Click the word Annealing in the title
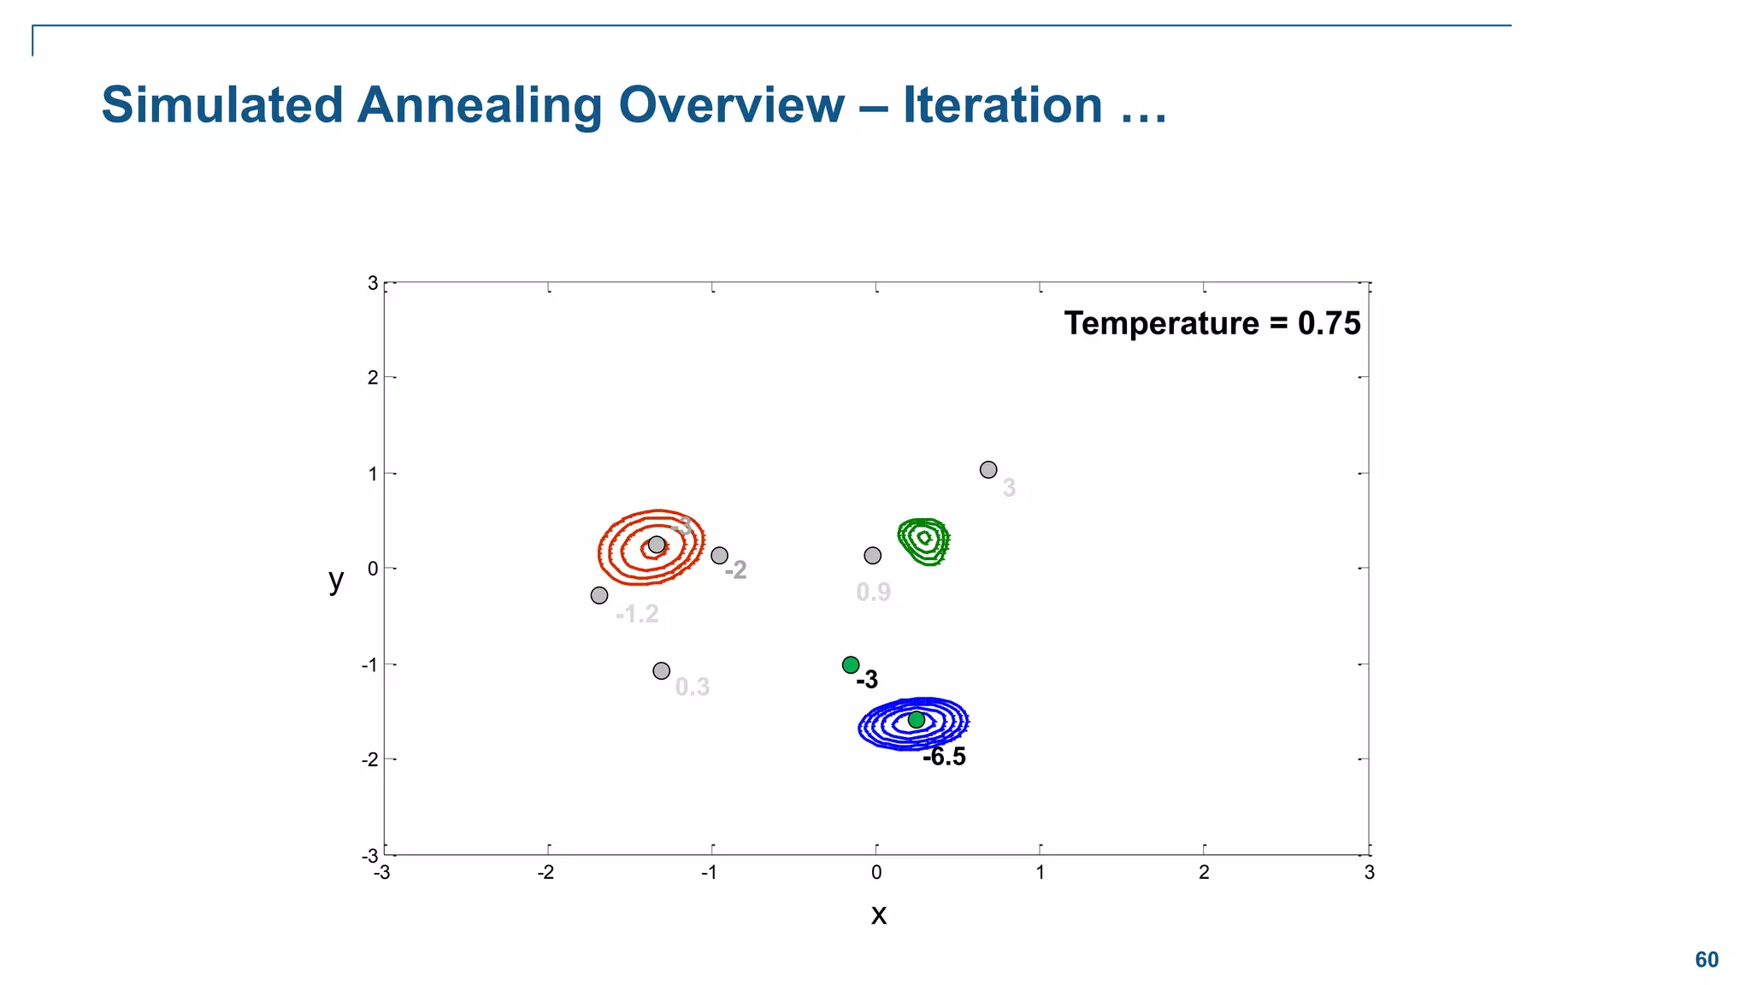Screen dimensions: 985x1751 [479, 105]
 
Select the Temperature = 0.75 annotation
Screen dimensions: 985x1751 [1212, 323]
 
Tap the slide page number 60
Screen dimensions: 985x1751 [1707, 959]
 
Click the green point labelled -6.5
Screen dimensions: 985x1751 [916, 720]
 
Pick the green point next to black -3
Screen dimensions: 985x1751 [851, 665]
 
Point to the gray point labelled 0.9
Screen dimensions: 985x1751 [872, 556]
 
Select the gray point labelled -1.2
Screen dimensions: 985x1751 [599, 595]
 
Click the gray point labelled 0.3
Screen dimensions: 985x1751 [661, 671]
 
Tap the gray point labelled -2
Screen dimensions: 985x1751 [720, 556]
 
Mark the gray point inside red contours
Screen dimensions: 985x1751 [657, 545]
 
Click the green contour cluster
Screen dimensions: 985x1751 [923, 541]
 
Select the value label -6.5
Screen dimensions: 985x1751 [945, 757]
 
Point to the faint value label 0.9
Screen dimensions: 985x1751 [873, 592]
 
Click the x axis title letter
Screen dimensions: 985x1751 [878, 915]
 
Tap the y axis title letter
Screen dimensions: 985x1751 [336, 580]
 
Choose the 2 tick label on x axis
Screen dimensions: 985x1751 [1204, 872]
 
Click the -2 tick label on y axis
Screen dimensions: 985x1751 [369, 759]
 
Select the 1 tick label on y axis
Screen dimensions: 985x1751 [373, 474]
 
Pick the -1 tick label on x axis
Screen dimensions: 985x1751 [710, 872]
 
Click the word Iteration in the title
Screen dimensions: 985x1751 [1002, 105]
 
